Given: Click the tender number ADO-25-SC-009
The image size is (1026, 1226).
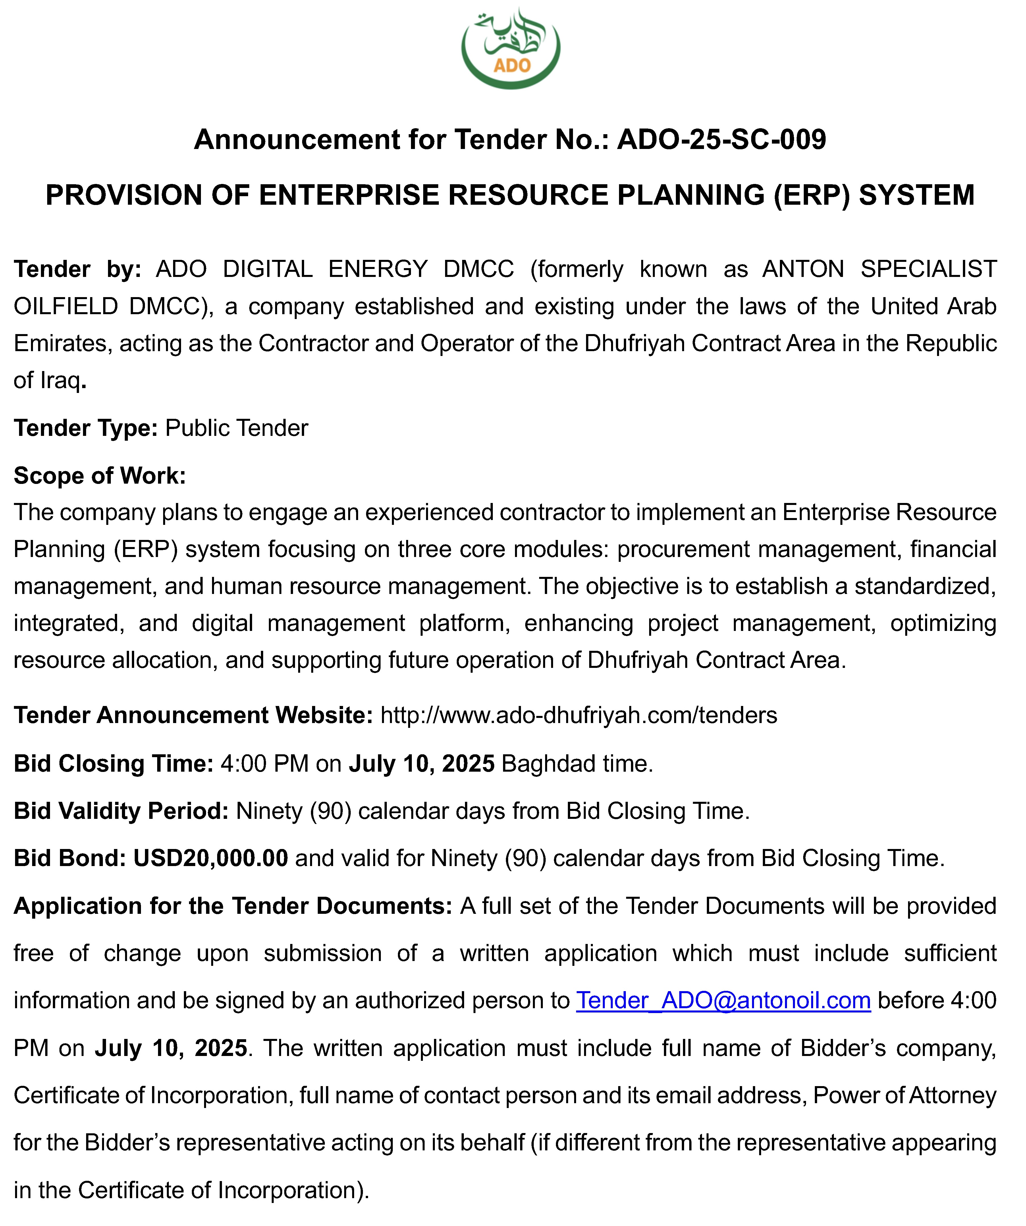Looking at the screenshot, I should pyautogui.click(x=721, y=140).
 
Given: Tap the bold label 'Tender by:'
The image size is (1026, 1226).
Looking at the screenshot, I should pyautogui.click(x=77, y=269).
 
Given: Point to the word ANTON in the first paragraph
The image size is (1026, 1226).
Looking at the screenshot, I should pyautogui.click(x=803, y=269).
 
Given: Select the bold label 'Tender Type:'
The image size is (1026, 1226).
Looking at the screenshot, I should pyautogui.click(x=85, y=428).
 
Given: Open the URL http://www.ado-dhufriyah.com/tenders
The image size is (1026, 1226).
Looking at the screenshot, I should pyautogui.click(x=578, y=715).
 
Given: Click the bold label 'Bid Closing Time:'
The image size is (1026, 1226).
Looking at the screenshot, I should pyautogui.click(x=113, y=764).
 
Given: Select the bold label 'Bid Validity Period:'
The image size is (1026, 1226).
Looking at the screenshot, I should pyautogui.click(x=121, y=811).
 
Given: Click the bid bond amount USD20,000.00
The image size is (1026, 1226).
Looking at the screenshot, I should pyautogui.click(x=211, y=858).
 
